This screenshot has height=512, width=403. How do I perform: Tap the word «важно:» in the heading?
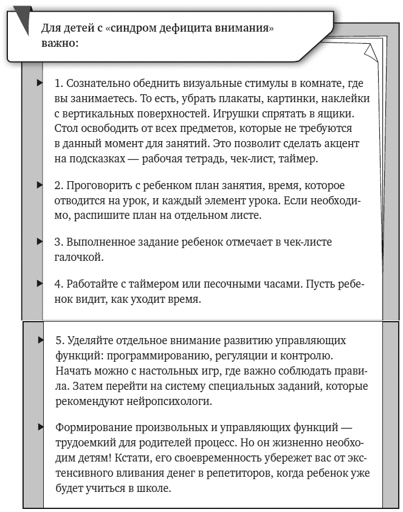coord(60,43)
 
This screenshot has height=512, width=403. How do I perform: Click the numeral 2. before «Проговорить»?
coord(59,184)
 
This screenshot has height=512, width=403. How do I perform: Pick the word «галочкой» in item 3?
coord(79,257)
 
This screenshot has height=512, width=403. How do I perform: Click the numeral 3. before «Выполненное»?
coord(59,242)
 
